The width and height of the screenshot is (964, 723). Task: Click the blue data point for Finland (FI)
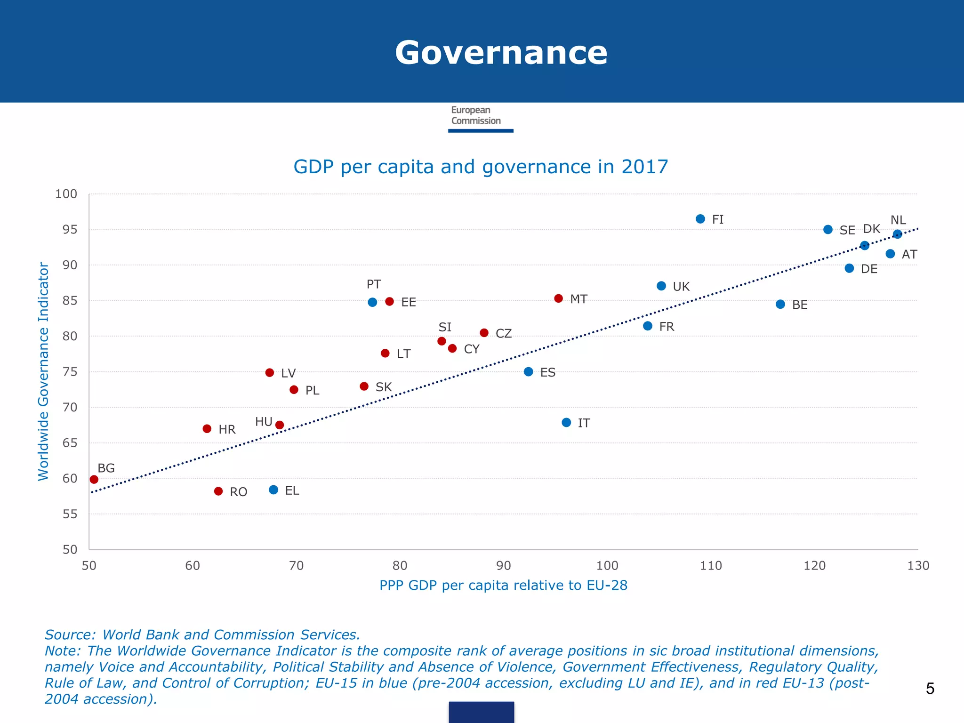point(700,219)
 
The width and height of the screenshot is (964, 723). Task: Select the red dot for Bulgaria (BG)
point(94,480)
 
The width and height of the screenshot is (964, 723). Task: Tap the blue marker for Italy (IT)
point(566,423)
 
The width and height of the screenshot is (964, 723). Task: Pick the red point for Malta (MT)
point(559,298)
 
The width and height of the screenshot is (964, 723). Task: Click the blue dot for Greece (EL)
point(273,490)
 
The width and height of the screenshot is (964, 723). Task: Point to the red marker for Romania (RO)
point(218,491)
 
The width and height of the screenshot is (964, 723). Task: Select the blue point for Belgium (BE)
point(780,305)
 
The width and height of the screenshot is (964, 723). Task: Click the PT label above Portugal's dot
point(374,284)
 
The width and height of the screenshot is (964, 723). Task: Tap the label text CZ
point(504,334)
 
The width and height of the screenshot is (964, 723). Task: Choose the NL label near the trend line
point(898,220)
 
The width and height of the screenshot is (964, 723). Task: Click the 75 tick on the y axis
point(70,372)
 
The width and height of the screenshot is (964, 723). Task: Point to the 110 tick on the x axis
point(711,566)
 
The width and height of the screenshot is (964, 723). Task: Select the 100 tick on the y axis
point(66,194)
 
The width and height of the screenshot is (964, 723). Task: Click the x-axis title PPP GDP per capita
point(503,586)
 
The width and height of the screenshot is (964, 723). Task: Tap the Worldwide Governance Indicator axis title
point(43,371)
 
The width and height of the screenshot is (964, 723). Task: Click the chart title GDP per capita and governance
point(481,167)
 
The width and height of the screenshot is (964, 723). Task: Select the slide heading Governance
point(501,53)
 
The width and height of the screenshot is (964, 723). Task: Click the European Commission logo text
point(475,115)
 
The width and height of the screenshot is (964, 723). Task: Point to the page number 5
point(930,689)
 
